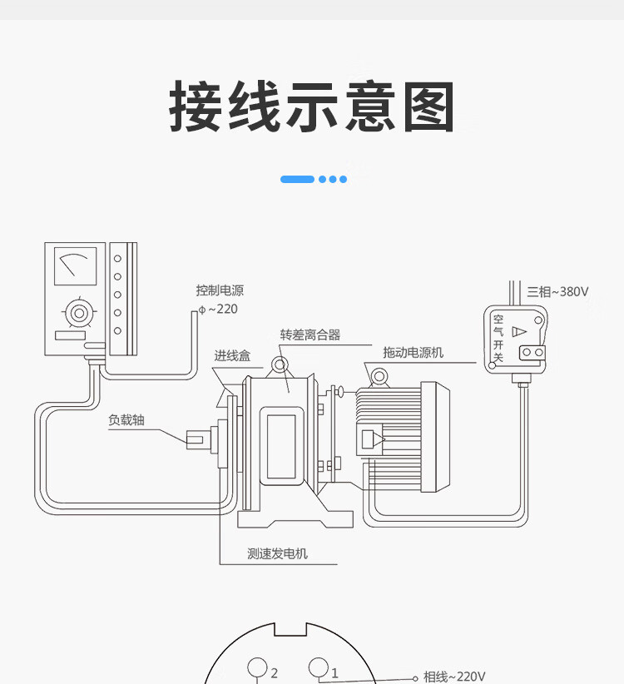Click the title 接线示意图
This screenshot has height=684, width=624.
[x=312, y=107]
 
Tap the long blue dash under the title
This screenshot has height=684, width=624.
[x=297, y=179]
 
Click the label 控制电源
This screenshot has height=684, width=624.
[x=220, y=290]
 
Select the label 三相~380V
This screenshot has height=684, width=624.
[x=557, y=292]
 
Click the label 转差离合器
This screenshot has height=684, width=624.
[x=310, y=335]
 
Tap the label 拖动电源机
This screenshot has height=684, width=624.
[x=413, y=352]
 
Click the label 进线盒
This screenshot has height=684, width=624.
[x=232, y=355]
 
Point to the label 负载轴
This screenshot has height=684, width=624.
[x=126, y=419]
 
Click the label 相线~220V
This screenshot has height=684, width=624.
[x=454, y=677]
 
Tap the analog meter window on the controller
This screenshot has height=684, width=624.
[x=75, y=266]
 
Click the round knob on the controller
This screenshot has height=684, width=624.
[x=79, y=314]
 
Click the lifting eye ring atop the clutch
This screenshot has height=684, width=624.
[x=279, y=365]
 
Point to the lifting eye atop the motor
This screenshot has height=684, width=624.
[x=380, y=377]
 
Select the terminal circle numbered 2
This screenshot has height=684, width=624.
[x=257, y=668]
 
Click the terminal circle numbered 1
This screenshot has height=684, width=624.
[x=319, y=667]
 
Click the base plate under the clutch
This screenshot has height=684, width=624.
[x=295, y=518]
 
